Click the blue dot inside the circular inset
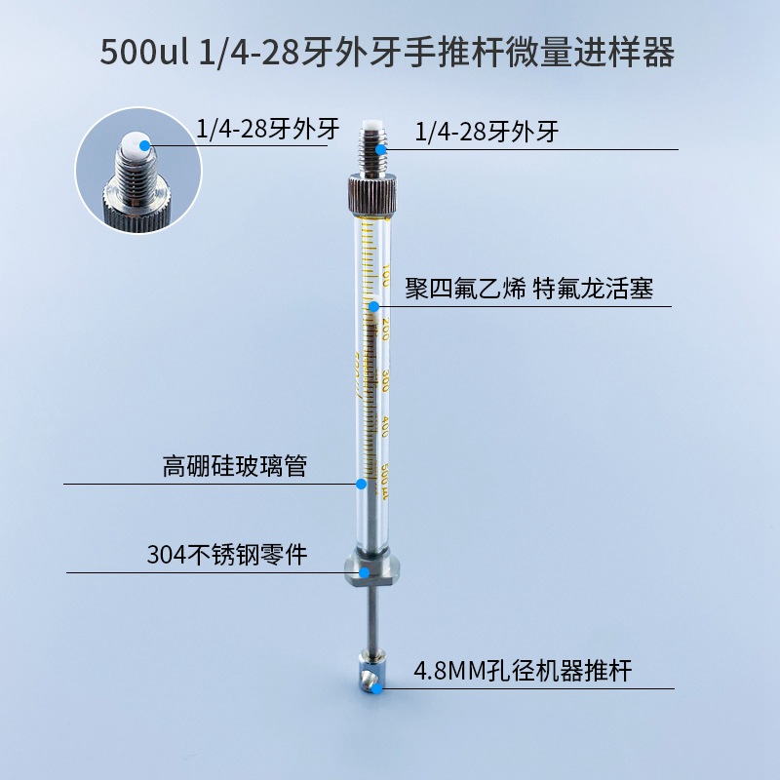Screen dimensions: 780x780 [146, 144]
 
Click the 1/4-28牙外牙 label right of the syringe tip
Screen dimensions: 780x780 [487, 132]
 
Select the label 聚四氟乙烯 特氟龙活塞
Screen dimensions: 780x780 [528, 290]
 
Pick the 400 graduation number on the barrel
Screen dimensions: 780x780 [388, 426]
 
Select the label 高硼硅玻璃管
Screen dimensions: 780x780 [234, 466]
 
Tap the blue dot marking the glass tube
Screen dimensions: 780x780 [361, 483]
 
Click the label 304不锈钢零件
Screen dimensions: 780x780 [226, 555]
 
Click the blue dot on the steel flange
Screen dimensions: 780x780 [365, 571]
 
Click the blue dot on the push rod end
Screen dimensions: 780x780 [376, 687]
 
